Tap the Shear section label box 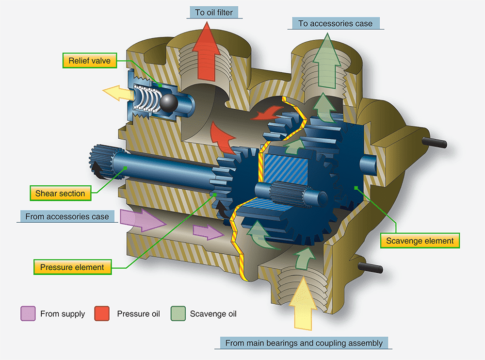[60, 194]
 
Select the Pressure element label [72, 267]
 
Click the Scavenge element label [420, 240]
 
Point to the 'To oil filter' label [214, 12]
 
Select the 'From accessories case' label [67, 216]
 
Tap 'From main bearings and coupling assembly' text [304, 343]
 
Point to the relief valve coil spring [147, 100]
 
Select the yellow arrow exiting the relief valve [113, 93]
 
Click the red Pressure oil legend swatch [102, 313]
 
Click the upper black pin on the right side [436, 142]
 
